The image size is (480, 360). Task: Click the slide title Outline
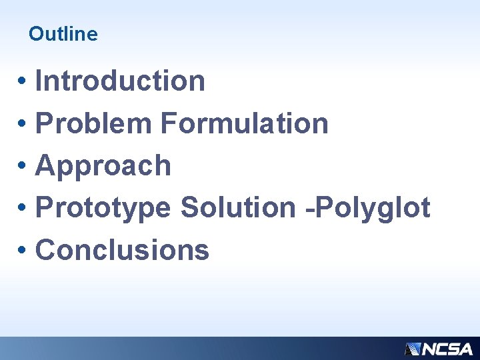pos(63,34)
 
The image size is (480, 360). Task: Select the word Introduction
pos(120,81)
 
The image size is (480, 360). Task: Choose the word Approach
pos(103,166)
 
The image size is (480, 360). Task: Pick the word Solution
pos(237,208)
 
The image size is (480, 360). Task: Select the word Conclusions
pos(122,251)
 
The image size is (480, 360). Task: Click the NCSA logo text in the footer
pos(447,349)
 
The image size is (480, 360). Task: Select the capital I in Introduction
pos(39,81)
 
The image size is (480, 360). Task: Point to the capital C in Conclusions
pos(45,251)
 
